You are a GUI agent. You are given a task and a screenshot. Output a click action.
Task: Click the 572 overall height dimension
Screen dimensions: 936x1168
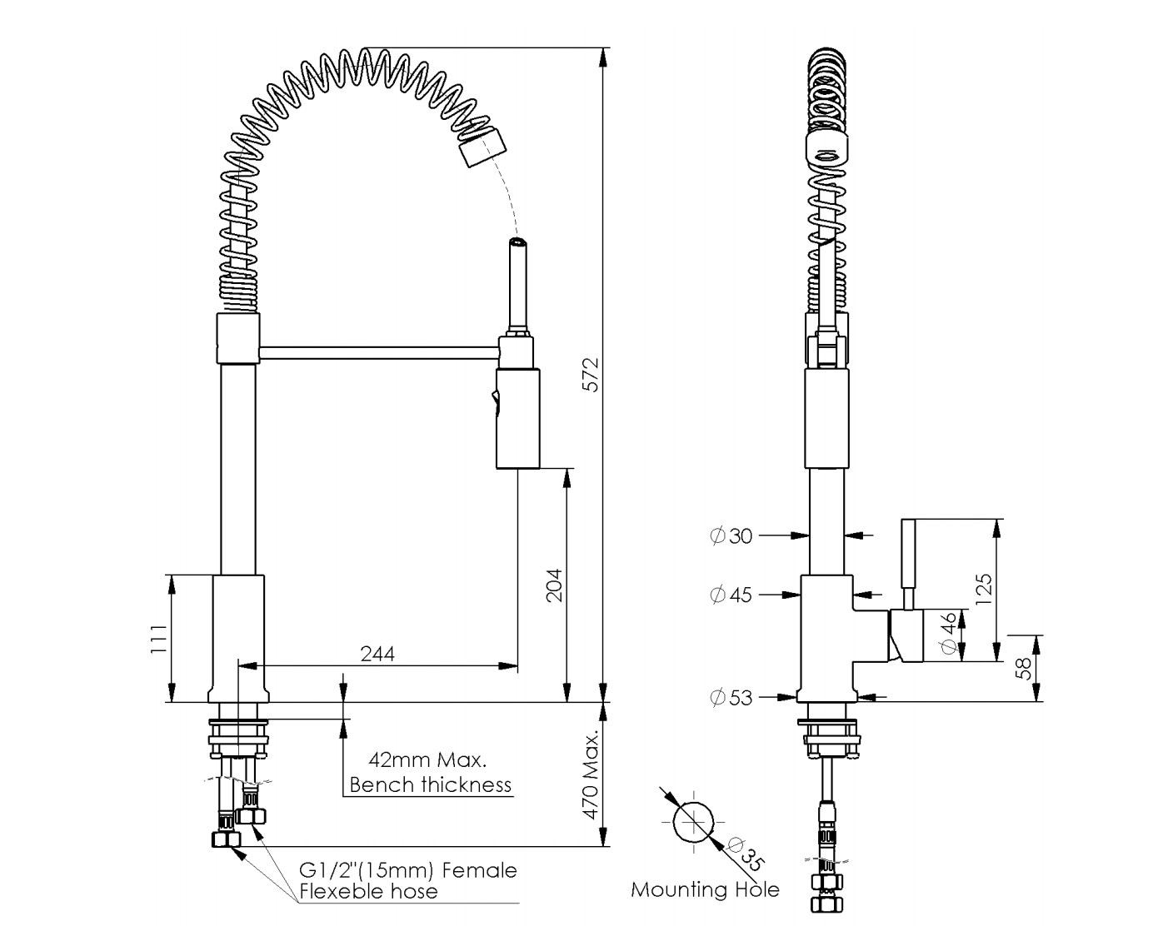[x=589, y=376]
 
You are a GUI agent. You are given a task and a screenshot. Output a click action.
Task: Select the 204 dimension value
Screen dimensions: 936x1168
[x=552, y=585]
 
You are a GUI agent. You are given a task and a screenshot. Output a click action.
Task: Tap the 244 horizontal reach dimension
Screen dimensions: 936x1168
[x=377, y=654]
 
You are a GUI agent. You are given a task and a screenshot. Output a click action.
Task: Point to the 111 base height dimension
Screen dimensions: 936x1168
[x=157, y=640]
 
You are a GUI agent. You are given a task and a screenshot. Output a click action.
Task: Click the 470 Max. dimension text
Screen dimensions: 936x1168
[x=591, y=776]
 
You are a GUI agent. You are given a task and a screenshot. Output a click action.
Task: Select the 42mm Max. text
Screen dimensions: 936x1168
[x=427, y=759]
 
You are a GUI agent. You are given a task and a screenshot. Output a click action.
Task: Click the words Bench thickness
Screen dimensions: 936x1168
[x=430, y=784]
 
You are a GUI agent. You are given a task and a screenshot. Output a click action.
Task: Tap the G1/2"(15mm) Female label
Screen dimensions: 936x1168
[x=407, y=870]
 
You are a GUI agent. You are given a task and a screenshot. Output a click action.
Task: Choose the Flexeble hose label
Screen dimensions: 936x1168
[x=368, y=892]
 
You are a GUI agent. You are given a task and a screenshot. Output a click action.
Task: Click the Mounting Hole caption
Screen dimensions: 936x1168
[x=705, y=889]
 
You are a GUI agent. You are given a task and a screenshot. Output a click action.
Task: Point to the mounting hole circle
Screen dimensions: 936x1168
[x=694, y=822]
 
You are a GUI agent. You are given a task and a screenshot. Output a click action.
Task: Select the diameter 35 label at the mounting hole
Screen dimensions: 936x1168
[x=746, y=853]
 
